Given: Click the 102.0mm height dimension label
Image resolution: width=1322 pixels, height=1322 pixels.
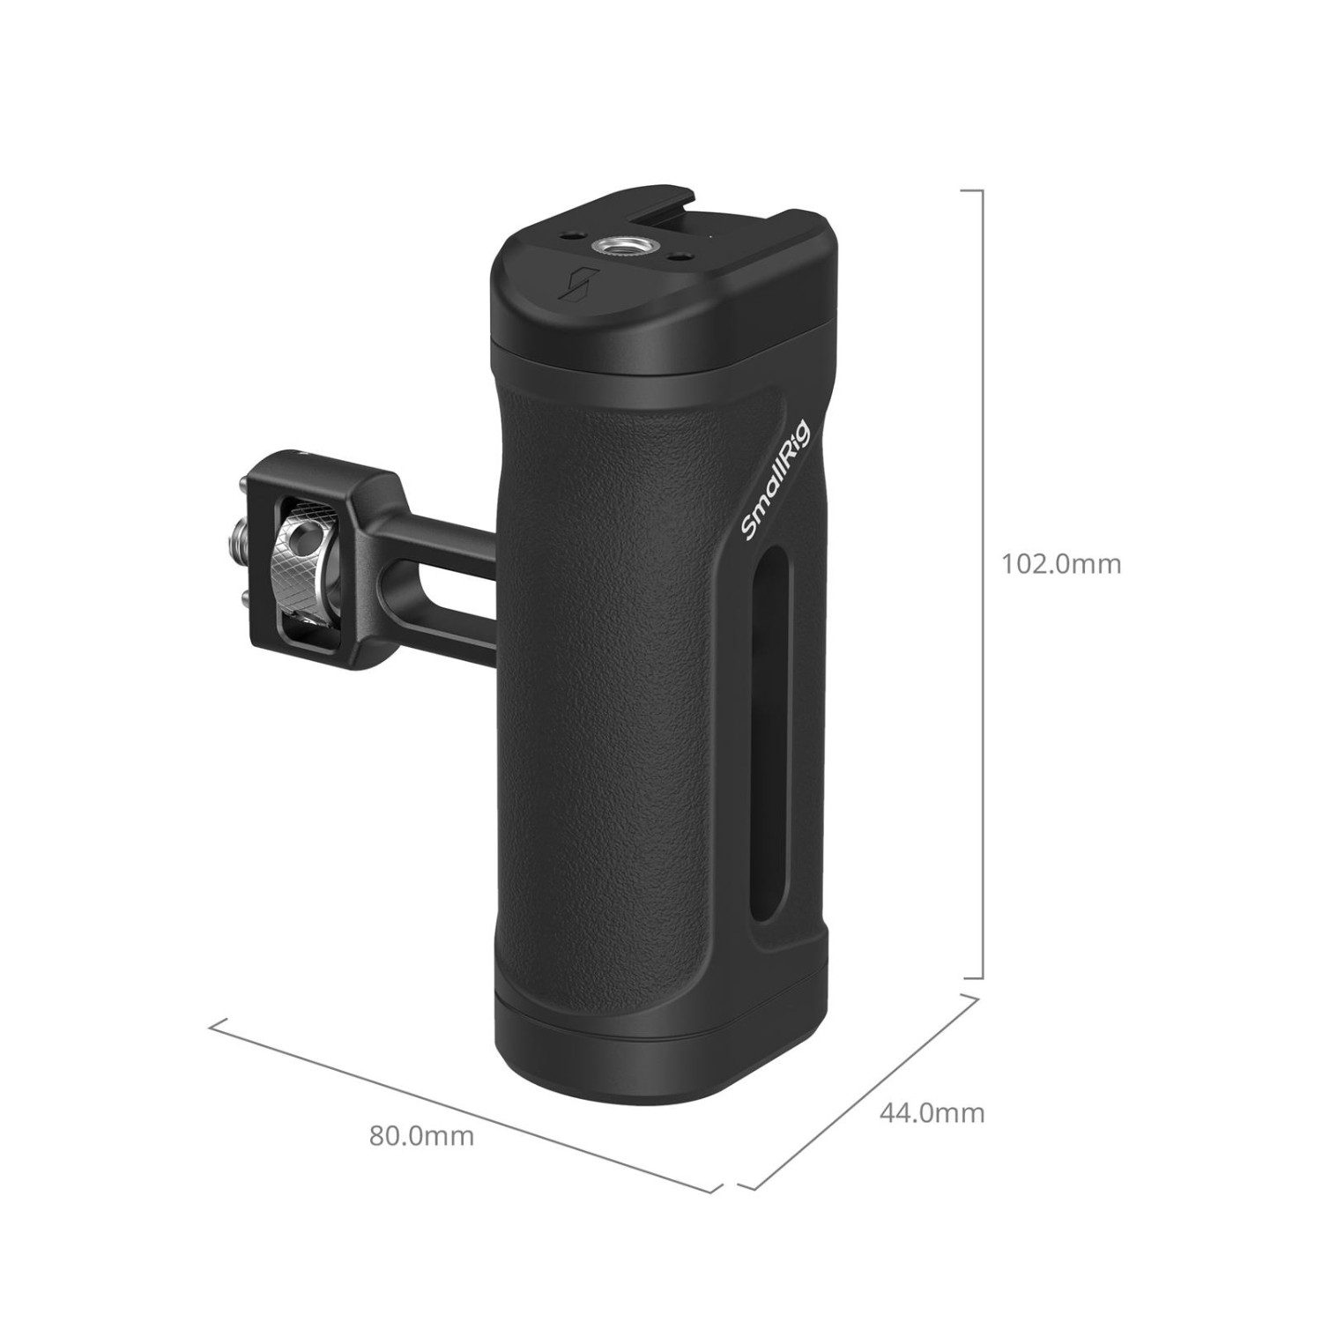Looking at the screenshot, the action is [1061, 563].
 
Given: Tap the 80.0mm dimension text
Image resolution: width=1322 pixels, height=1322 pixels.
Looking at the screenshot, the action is [421, 1135].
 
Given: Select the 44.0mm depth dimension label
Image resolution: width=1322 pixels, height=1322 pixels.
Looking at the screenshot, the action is [932, 1113].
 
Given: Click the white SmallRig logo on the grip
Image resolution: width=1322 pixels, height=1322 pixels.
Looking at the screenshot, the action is [777, 480].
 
